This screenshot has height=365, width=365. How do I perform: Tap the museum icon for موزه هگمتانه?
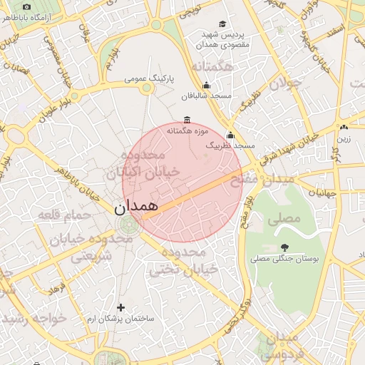point(187,120)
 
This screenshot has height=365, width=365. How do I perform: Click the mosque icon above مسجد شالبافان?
point(207,86)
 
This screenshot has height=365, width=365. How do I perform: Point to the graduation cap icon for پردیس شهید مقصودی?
point(223,24)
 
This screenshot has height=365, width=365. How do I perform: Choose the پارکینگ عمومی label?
point(150,78)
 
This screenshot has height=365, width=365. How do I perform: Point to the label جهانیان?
point(322,193)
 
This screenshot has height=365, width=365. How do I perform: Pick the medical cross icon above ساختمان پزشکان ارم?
point(120,308)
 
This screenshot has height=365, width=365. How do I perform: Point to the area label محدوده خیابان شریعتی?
point(100,247)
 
